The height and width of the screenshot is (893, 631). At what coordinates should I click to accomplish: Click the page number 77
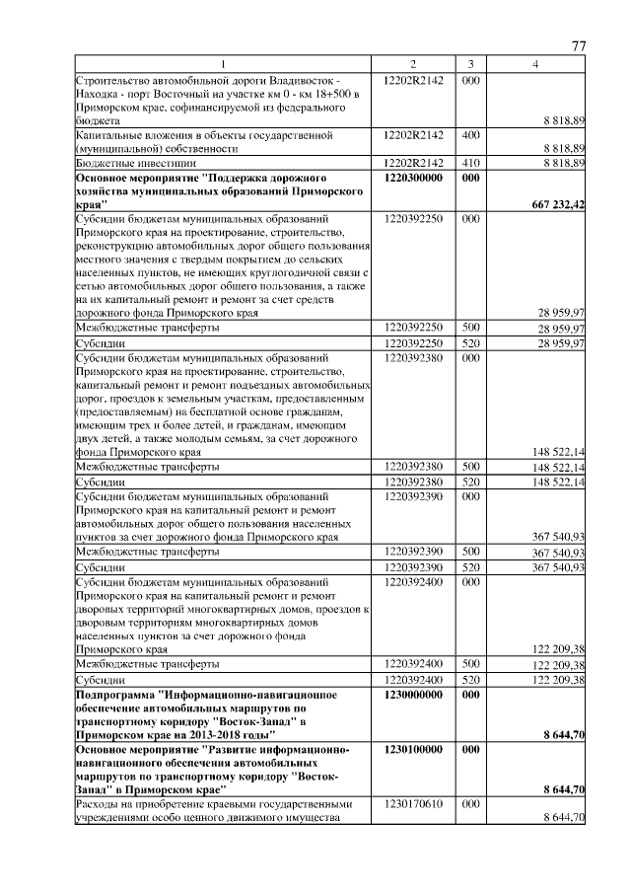coord(579,46)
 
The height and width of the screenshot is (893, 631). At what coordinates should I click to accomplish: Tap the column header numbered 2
coord(413,64)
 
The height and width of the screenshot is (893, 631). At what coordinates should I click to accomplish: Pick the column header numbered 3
coord(471,64)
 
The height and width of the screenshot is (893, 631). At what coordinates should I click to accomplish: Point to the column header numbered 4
coord(536,64)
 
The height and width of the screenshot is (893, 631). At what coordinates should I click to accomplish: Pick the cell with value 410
coord(470,162)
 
